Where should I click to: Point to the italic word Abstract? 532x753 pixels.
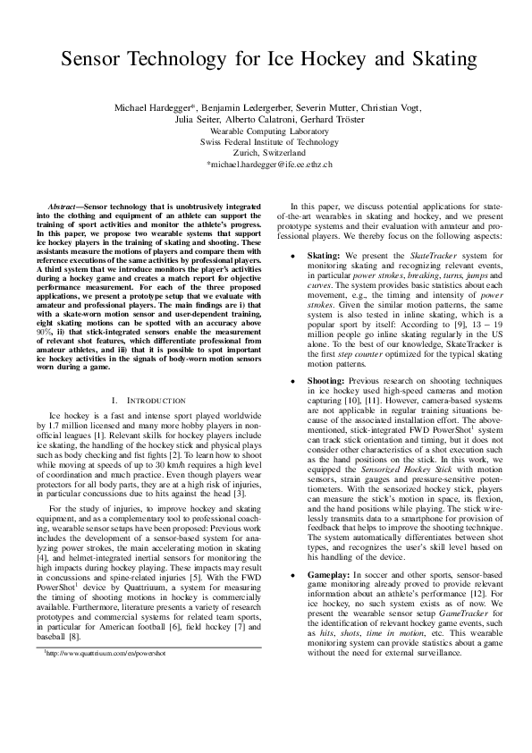tap(64, 206)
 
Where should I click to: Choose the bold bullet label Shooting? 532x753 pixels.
tap(327, 381)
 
